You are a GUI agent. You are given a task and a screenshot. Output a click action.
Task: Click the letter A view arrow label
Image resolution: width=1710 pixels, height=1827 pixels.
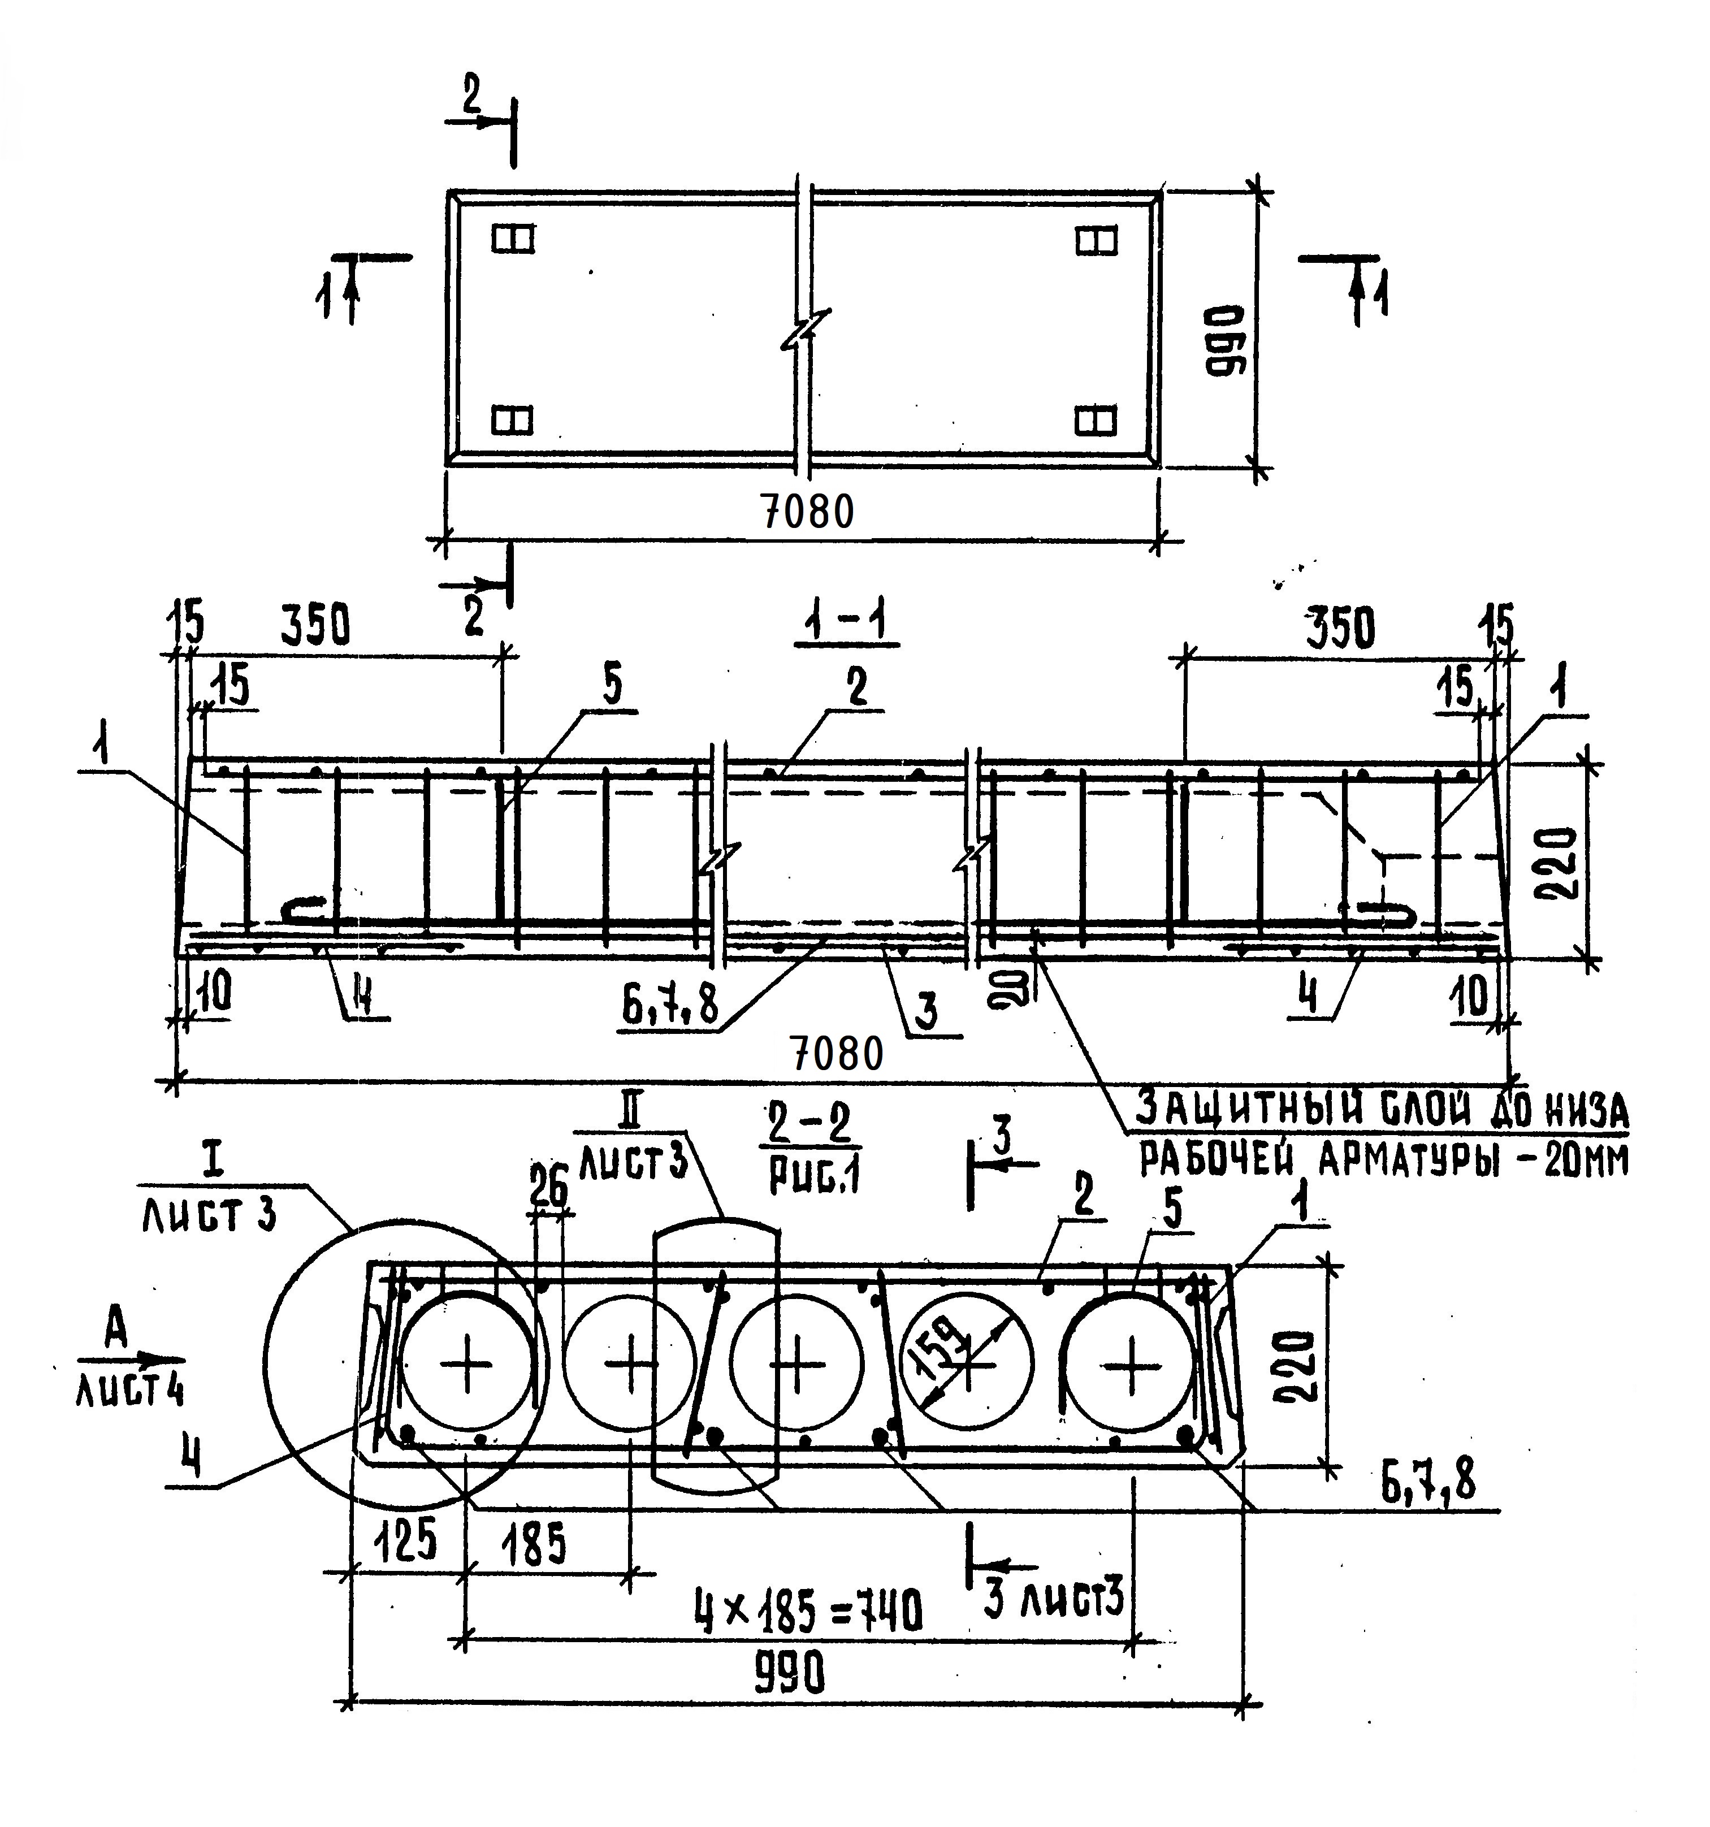click(115, 1331)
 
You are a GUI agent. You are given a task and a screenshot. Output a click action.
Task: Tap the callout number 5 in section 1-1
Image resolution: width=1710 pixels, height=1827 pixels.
click(612, 686)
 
